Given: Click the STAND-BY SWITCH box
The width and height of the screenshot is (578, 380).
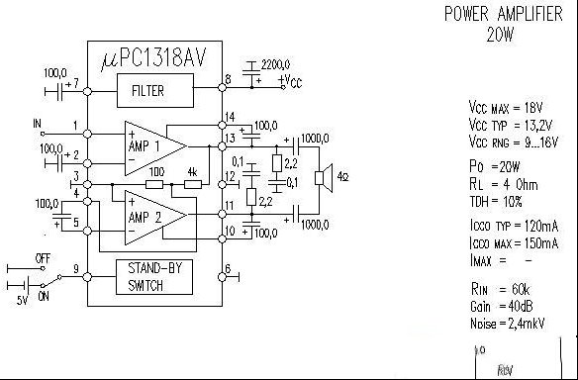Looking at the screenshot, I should click(153, 276).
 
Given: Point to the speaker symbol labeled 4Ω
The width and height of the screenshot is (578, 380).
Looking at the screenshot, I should click(321, 178).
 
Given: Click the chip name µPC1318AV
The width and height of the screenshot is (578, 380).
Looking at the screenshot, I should click(155, 60).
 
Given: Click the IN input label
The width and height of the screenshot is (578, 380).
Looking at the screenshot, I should click(39, 125).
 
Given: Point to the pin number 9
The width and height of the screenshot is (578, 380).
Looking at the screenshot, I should click(76, 268).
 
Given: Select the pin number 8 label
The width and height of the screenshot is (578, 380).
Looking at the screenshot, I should click(229, 79).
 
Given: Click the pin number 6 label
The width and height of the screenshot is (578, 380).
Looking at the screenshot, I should click(229, 268).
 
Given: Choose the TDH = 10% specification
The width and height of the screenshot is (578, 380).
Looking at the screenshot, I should click(501, 200).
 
